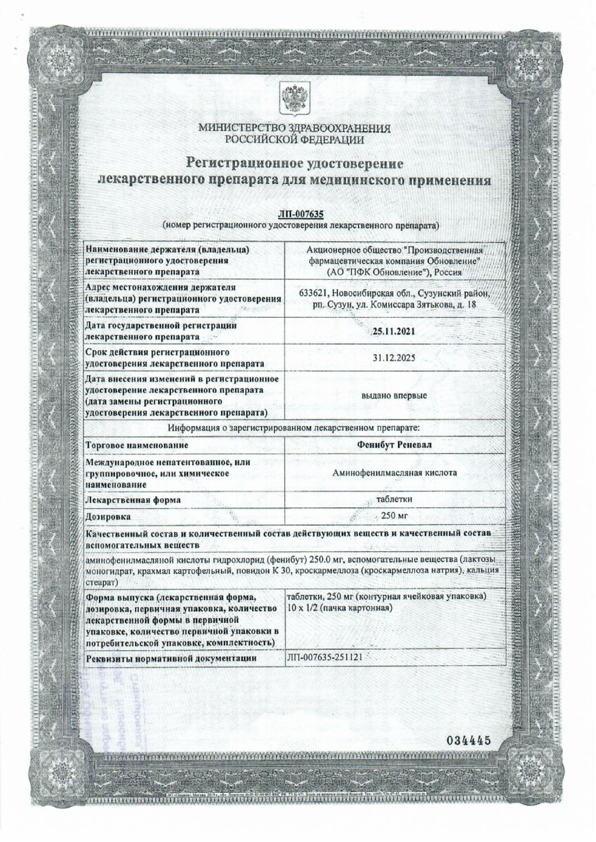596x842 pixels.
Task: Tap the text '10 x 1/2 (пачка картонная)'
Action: coord(339,607)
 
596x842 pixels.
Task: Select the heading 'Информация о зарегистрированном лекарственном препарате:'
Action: coord(293,427)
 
